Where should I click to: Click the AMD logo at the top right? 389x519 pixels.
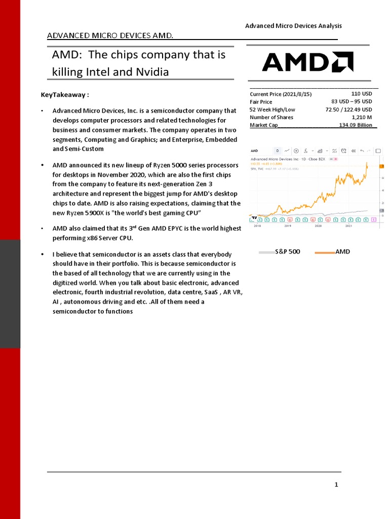[307, 62]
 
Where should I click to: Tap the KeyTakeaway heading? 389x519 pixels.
[65, 95]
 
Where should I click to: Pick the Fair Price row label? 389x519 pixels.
[261, 102]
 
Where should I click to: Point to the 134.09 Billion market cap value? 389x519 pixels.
[356, 125]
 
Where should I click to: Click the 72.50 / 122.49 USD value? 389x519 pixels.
[348, 109]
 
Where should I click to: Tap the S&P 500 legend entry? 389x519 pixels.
[287, 251]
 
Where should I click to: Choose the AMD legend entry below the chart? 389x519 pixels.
[342, 251]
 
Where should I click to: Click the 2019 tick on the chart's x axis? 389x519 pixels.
[288, 226]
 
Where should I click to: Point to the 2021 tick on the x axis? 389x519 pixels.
[349, 226]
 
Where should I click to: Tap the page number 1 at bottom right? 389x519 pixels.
[336, 485]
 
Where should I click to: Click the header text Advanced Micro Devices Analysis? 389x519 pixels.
[293, 26]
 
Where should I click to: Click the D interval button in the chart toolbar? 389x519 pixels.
[277, 151]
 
